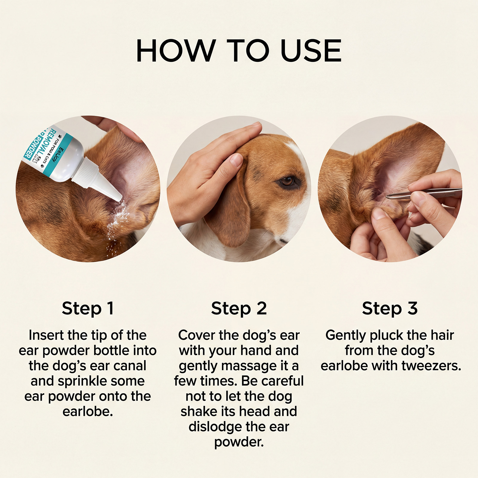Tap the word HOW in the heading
[176, 50]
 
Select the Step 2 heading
[239, 309]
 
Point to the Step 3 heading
[390, 309]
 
